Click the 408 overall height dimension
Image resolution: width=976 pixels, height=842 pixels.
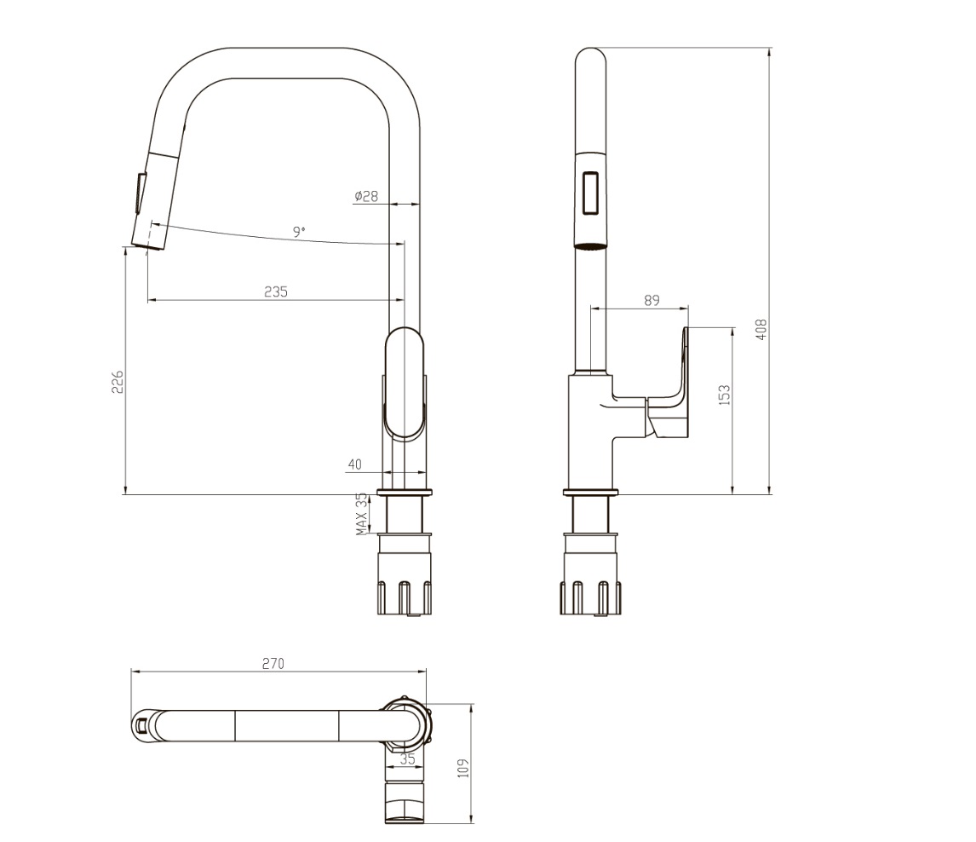click(x=761, y=329)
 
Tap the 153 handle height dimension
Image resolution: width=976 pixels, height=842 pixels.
click(x=725, y=395)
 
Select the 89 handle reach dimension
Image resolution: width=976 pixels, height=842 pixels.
click(x=651, y=300)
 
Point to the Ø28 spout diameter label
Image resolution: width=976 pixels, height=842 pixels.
click(x=366, y=196)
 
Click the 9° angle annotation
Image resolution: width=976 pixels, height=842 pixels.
click(x=300, y=233)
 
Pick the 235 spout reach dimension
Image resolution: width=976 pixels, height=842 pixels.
click(x=276, y=291)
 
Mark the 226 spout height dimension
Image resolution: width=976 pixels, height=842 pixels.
click(x=118, y=382)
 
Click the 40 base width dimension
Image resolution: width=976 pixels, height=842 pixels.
click(x=355, y=464)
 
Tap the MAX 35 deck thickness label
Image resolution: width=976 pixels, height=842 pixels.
click(x=362, y=515)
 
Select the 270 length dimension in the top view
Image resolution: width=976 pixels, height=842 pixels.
click(x=273, y=664)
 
